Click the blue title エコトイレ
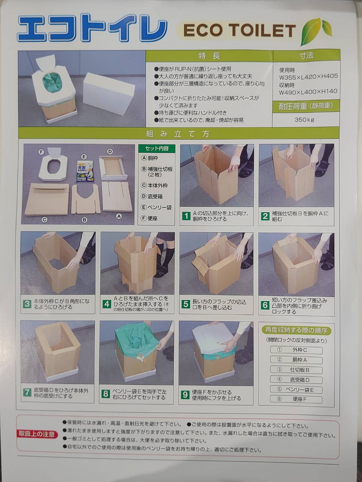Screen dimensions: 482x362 (x=92, y=29)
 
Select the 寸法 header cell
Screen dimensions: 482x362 (x=306, y=55)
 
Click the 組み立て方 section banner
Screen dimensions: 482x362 (x=179, y=134)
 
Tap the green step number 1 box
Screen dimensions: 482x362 (x=186, y=216)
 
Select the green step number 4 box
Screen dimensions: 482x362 (x=107, y=304)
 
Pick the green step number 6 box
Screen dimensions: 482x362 (x=265, y=305)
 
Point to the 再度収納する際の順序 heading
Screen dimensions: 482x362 (x=296, y=331)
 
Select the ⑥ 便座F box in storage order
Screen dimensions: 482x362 (x=296, y=399)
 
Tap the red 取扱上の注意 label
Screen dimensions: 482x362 (x=38, y=434)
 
